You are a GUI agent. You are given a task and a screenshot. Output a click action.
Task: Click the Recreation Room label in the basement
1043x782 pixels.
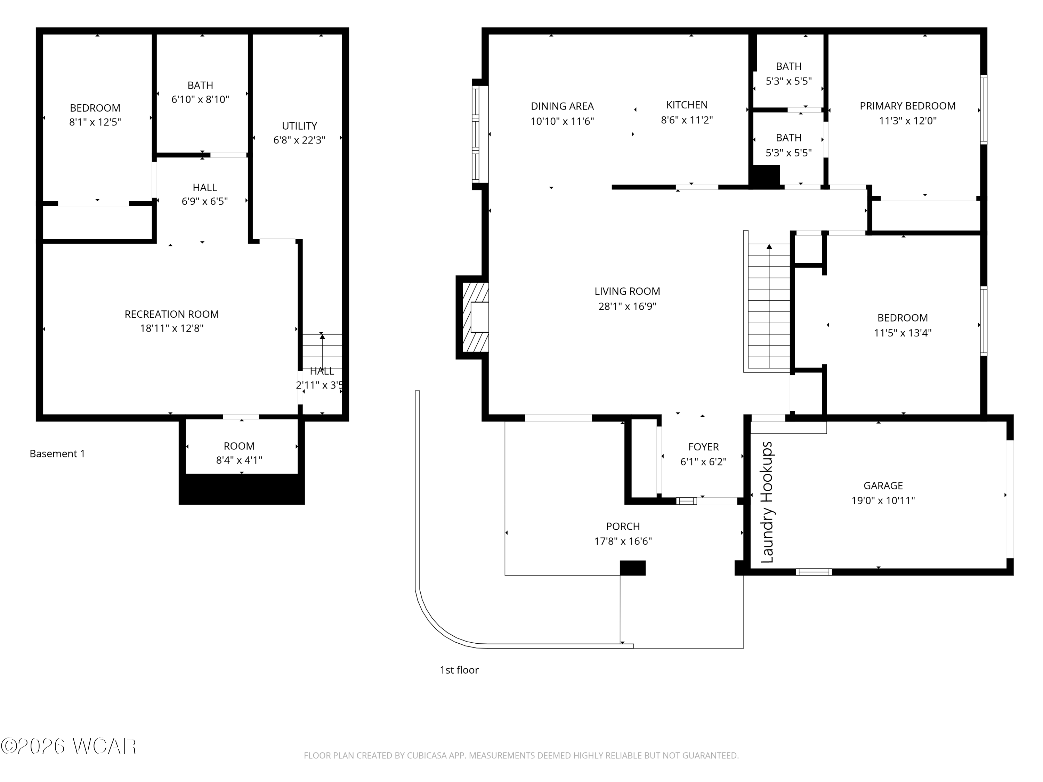(x=172, y=314)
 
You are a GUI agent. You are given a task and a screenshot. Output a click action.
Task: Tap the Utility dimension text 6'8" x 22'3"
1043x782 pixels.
(x=299, y=140)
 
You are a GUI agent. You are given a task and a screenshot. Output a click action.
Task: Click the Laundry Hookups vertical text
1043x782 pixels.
(x=768, y=502)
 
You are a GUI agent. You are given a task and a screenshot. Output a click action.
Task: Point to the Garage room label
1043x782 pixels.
(x=883, y=486)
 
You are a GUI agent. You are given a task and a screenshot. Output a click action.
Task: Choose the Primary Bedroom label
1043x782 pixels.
(x=907, y=106)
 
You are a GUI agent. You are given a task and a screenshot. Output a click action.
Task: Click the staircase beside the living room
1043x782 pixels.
(x=769, y=307)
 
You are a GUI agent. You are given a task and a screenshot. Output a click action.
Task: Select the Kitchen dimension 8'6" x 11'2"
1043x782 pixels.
(x=687, y=120)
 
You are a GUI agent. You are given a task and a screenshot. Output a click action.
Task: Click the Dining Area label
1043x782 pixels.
(x=562, y=106)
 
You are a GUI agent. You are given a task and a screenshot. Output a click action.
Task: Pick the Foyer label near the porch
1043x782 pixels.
(x=703, y=447)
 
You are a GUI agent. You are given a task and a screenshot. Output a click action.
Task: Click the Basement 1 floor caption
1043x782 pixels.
(x=57, y=454)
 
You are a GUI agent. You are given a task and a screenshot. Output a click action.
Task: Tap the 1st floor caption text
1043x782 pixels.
(x=459, y=670)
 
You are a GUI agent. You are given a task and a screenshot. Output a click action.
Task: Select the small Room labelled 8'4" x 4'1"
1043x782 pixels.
(x=239, y=453)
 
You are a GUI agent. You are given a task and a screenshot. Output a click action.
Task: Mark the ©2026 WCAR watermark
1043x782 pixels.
(x=69, y=746)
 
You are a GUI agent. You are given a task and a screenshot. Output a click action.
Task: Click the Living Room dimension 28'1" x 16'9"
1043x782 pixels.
(x=627, y=307)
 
